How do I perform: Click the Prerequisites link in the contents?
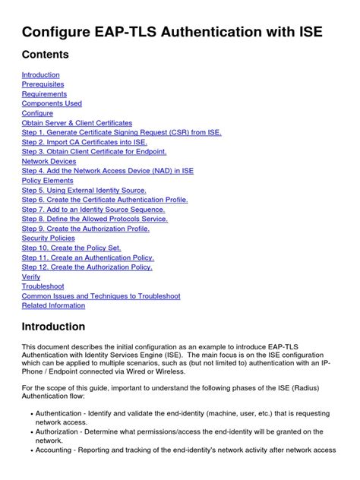click(43, 84)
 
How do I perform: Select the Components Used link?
click(52, 103)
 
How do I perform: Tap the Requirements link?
click(44, 94)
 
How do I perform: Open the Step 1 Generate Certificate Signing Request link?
click(122, 132)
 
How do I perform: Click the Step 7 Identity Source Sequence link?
click(93, 210)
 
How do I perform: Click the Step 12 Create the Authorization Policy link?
click(87, 267)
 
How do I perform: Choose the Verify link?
click(31, 277)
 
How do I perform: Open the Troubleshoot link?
click(43, 286)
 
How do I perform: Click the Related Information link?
click(53, 305)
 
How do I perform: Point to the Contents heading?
click(45, 55)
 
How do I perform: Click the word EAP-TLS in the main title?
click(125, 32)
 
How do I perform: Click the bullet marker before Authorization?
click(27, 431)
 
